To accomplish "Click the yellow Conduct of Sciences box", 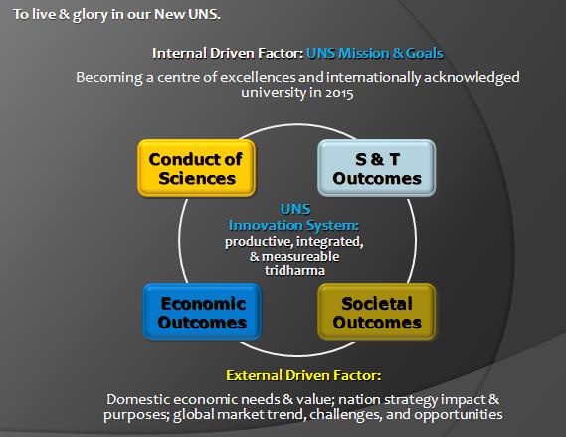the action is click(196, 168).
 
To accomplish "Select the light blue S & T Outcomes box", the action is click(376, 168).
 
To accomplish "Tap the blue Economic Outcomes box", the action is click(202, 312).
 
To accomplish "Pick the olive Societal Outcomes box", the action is click(376, 312).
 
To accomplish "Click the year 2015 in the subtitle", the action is click(339, 93).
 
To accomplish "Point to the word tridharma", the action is click(294, 271).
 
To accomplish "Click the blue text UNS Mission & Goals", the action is click(375, 53).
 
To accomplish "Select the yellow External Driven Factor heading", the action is click(303, 375).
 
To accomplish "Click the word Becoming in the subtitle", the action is click(109, 78).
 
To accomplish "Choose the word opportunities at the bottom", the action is click(459, 415).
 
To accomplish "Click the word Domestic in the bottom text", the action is click(138, 399).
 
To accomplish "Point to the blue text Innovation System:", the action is click(293, 226).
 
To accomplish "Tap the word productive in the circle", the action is click(259, 242).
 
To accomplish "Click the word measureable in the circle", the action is click(300, 257).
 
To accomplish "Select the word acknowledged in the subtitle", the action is click(472, 78).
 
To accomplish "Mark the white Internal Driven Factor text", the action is click(228, 53).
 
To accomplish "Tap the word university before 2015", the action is click(274, 93).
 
